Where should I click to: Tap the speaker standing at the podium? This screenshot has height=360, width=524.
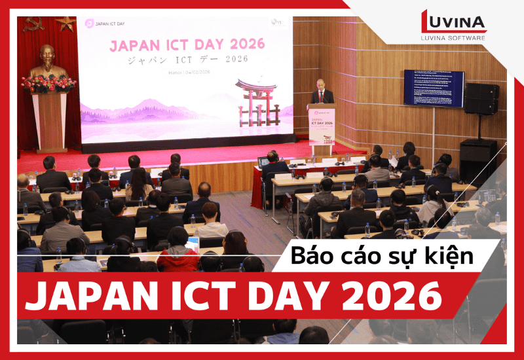click(x=321, y=92)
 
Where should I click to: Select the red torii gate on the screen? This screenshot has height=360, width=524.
click(x=256, y=101)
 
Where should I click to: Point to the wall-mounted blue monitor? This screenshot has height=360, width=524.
click(x=433, y=88)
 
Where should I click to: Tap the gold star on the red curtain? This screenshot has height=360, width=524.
click(x=65, y=24)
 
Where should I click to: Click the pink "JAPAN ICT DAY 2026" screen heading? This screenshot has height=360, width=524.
click(x=187, y=45)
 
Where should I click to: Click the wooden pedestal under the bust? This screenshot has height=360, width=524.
click(x=50, y=121)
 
